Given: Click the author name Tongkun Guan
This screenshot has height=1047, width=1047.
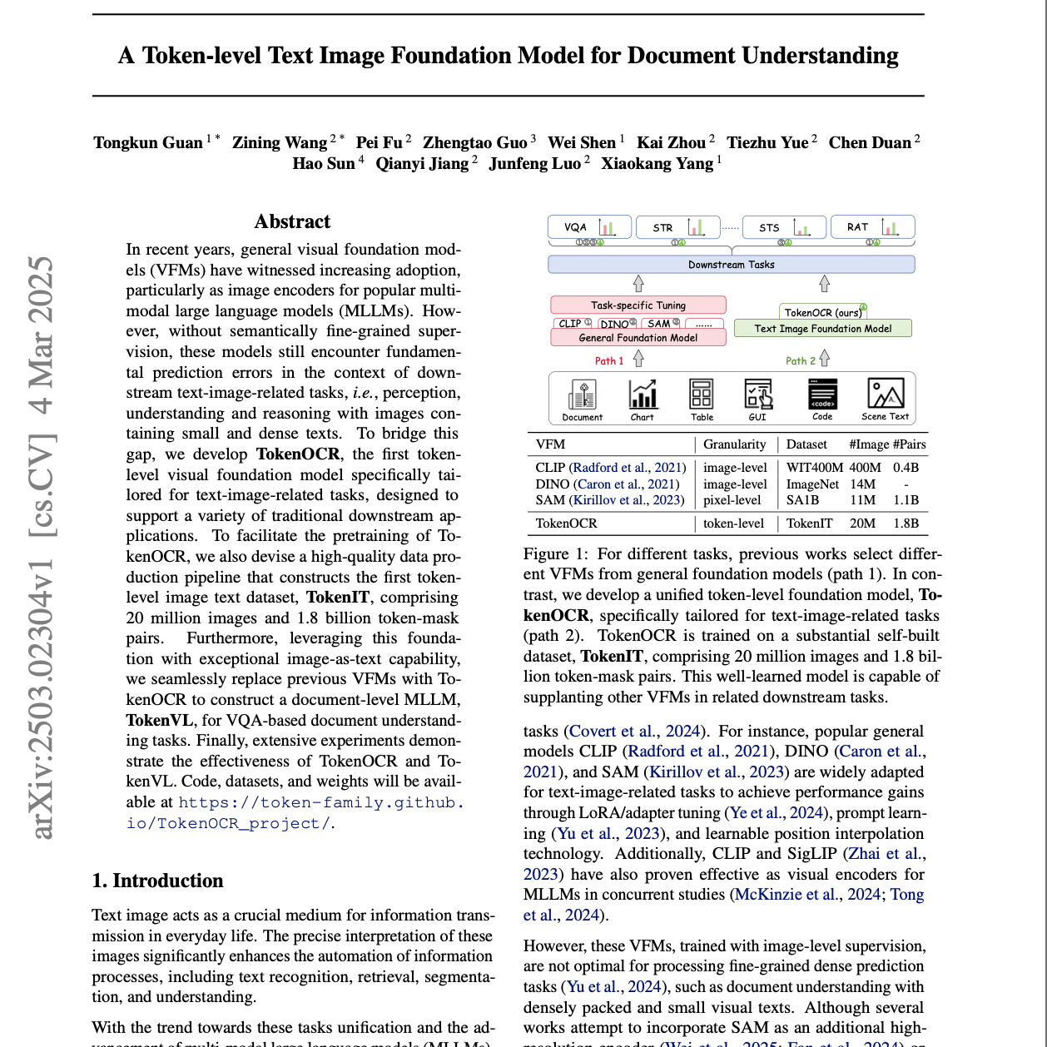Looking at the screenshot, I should (x=148, y=142).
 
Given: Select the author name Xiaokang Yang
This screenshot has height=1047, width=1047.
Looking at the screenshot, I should (x=657, y=163).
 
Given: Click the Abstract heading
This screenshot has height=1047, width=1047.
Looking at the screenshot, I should (x=292, y=221).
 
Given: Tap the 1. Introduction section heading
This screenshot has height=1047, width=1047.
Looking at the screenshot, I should (x=158, y=881).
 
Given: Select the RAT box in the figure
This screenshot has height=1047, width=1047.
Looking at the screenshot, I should (x=872, y=227).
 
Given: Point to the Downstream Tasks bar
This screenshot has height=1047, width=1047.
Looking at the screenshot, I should (x=731, y=265).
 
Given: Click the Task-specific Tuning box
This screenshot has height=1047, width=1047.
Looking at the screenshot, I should (x=638, y=305).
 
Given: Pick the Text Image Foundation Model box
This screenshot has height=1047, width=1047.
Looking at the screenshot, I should (x=822, y=329).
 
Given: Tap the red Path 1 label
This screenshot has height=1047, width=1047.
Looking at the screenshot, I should (x=609, y=360).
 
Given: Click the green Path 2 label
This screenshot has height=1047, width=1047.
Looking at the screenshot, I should (x=801, y=360).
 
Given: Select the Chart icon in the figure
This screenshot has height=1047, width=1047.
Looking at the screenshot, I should (x=642, y=399).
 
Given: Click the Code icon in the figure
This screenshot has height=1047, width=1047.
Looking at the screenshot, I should (x=822, y=399).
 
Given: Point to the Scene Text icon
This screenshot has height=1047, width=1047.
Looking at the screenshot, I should (x=886, y=399).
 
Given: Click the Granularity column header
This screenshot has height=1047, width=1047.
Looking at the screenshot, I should (x=734, y=444).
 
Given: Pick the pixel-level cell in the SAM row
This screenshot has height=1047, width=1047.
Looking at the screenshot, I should (x=732, y=500).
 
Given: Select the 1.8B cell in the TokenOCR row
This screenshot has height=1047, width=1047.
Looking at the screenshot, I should (x=906, y=523).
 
